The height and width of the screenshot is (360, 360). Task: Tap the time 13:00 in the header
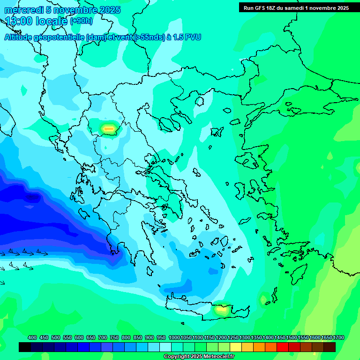[x=18, y=21]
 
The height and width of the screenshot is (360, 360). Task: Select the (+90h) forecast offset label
[x=81, y=21]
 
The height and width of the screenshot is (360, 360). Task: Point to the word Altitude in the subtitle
[x=21, y=37]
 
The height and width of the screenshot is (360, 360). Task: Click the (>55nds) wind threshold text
[x=149, y=37]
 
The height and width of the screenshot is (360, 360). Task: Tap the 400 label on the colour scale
[x=32, y=338]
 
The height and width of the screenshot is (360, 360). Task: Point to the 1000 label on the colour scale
[x=174, y=338]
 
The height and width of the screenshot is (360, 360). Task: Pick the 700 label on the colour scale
[x=103, y=338]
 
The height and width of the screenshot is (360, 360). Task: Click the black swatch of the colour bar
[x=25, y=347]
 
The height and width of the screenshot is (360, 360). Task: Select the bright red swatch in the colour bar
[x=283, y=347]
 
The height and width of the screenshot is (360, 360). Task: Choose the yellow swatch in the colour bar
[x=236, y=347]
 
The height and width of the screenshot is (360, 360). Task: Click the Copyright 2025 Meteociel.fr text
[x=199, y=356]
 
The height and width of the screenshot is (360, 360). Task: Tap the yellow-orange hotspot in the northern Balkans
[x=109, y=127]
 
